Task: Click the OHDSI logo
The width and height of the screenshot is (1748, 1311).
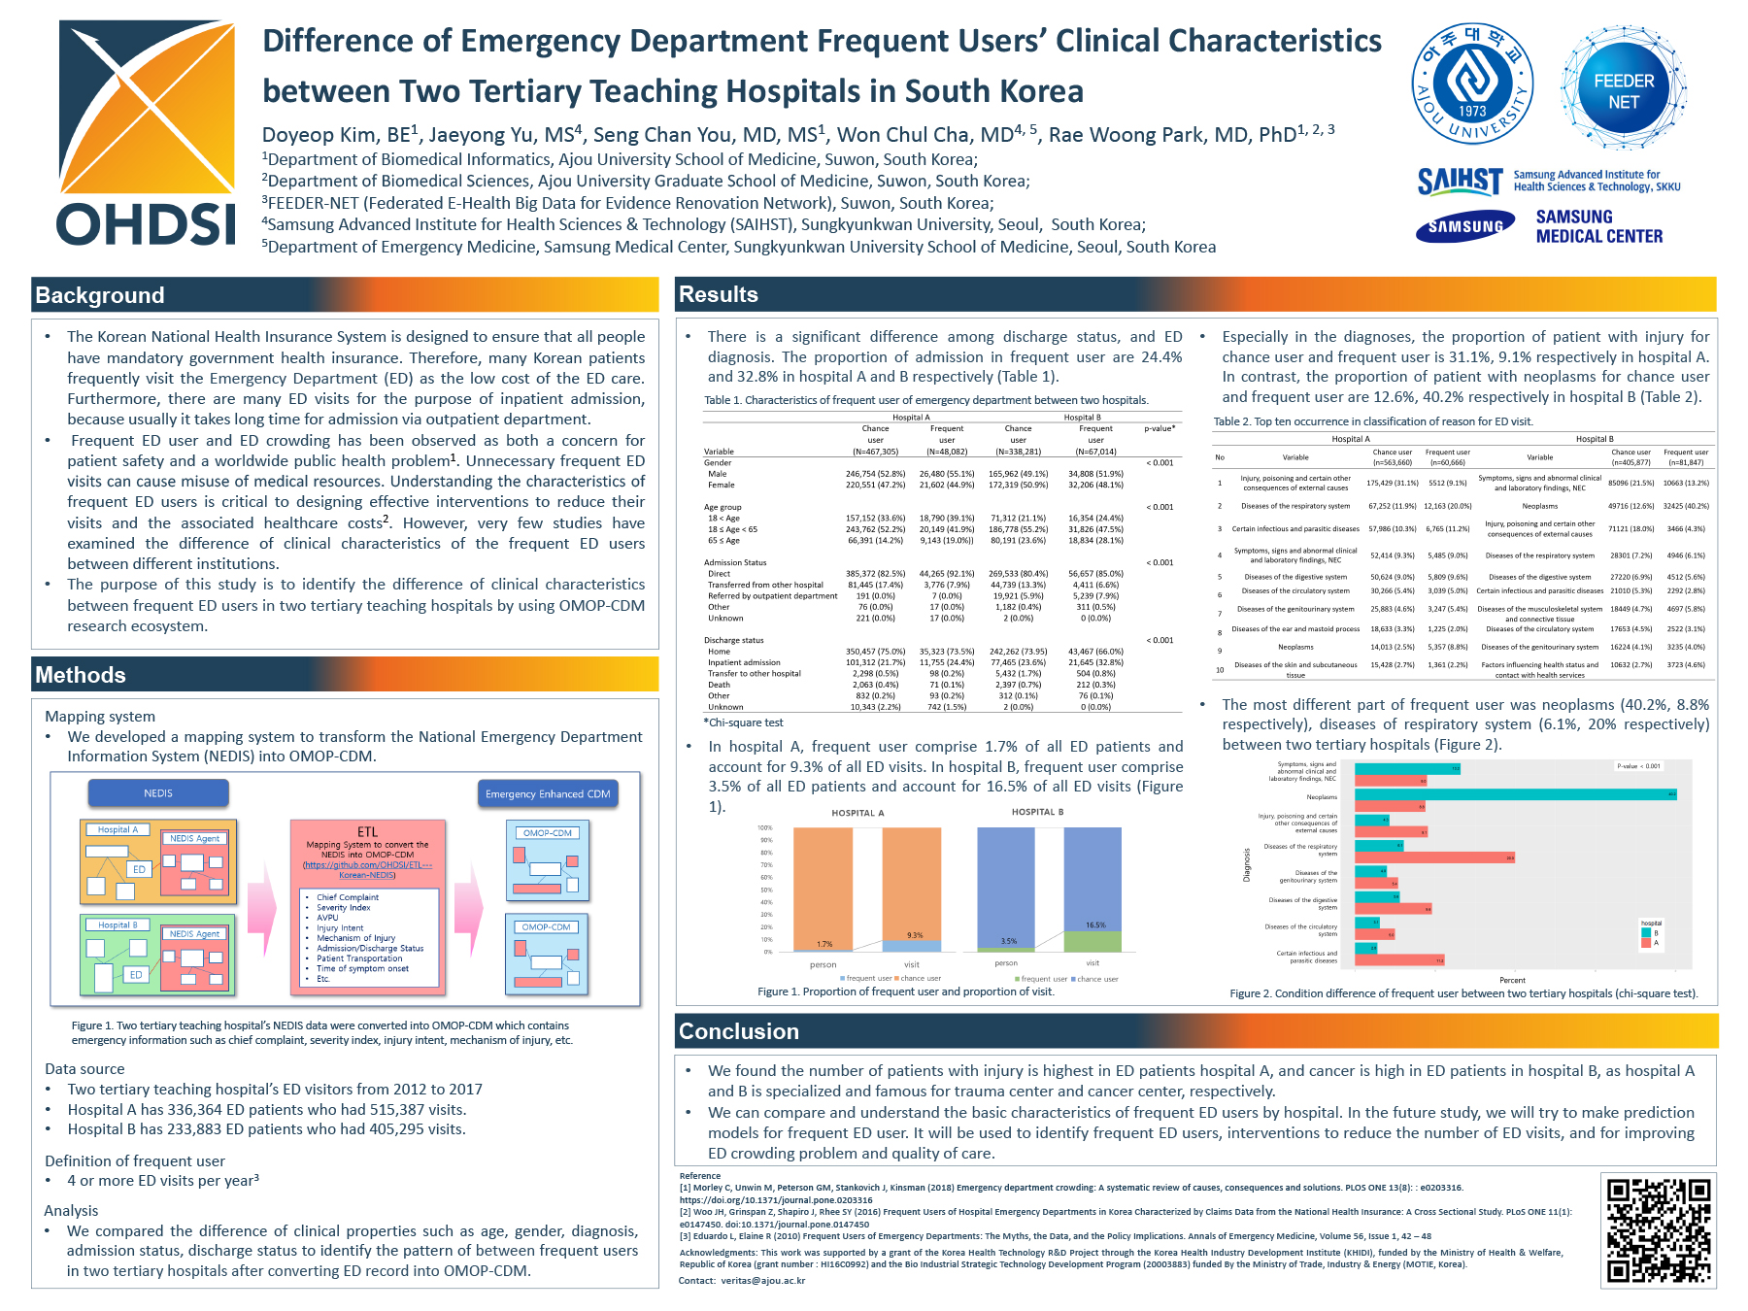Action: (147, 133)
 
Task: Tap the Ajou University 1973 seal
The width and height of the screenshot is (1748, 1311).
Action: (1472, 84)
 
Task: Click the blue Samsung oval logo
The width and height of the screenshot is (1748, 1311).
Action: (1465, 227)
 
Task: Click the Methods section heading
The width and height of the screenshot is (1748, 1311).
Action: (81, 675)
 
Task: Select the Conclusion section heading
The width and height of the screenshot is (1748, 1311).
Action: (739, 1031)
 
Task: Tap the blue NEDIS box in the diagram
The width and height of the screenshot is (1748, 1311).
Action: (158, 793)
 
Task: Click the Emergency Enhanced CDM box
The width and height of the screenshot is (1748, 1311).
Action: (548, 794)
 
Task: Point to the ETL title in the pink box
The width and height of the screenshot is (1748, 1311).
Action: (367, 832)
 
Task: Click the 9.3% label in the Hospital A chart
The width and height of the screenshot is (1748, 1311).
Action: (915, 935)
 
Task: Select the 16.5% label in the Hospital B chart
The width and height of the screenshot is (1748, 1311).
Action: (1095, 925)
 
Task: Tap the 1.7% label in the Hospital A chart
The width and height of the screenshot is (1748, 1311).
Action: (824, 944)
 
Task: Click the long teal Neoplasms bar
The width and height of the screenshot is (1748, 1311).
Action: (1515, 794)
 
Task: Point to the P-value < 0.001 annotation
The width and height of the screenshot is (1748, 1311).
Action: (1638, 766)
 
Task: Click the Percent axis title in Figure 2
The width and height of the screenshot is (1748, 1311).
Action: (1512, 980)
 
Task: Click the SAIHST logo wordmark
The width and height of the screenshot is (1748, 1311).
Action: (1460, 181)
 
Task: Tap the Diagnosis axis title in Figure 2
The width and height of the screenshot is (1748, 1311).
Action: (1247, 864)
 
